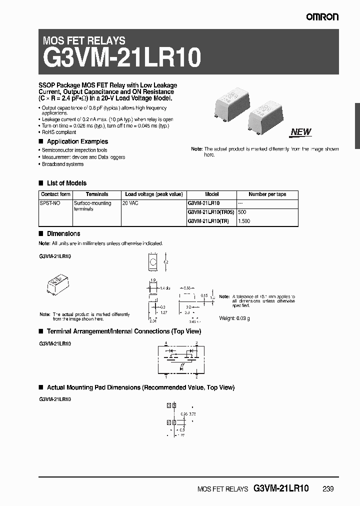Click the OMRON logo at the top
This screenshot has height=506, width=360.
click(323, 17)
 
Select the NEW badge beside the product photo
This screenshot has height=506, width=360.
click(300, 132)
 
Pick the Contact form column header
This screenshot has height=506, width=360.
click(55, 194)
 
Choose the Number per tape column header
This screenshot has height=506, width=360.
click(267, 194)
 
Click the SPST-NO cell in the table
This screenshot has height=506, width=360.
click(48, 203)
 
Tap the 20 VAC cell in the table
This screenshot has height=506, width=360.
click(132, 203)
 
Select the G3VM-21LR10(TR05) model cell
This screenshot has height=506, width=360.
click(210, 212)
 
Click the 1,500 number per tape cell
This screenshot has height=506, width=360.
click(243, 220)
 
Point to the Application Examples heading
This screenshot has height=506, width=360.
click(77, 141)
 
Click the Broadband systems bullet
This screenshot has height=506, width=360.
click(62, 164)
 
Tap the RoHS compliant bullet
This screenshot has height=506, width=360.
click(59, 132)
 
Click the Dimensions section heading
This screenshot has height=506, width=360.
click(63, 233)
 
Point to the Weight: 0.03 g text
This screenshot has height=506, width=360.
click(235, 318)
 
